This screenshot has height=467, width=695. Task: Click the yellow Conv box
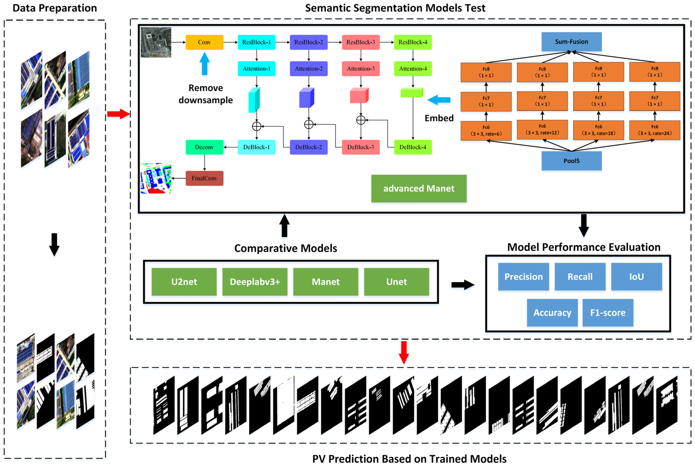(x=204, y=42)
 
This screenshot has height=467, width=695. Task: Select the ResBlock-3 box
(x=360, y=42)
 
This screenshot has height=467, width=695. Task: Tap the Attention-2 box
(x=309, y=69)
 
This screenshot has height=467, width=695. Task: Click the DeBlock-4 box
(x=413, y=147)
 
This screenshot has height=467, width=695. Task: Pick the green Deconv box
(x=204, y=147)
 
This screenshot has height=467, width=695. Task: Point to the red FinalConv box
(x=204, y=178)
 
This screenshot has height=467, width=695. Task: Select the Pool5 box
(x=571, y=161)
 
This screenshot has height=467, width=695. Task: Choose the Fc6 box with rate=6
(x=486, y=131)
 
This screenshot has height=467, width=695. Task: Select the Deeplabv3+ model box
(x=255, y=282)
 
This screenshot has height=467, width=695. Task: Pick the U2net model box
(x=184, y=282)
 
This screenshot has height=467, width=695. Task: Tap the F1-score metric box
(x=608, y=313)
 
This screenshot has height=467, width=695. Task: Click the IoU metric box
(x=636, y=277)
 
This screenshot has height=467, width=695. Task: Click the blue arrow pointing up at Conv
(x=204, y=63)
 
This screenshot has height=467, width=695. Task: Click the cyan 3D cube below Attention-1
(x=254, y=100)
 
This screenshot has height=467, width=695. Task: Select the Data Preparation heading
(x=55, y=8)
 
